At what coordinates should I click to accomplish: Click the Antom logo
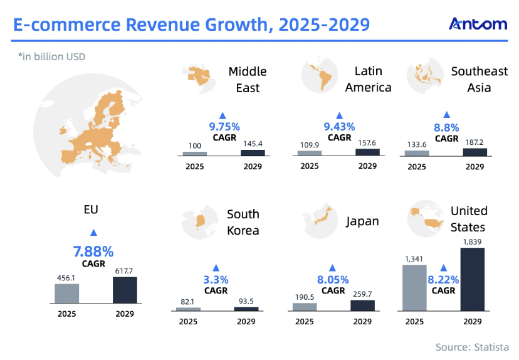[x=478, y=24]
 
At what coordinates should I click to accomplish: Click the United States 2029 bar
[x=473, y=279]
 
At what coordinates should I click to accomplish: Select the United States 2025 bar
[x=414, y=287]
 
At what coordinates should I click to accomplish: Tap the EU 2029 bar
[x=125, y=290]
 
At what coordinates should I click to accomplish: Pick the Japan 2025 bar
[x=304, y=306]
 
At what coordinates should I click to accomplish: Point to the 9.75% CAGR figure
[x=222, y=126]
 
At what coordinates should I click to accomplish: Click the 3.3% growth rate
[x=216, y=280]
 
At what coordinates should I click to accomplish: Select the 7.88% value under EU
[x=93, y=252]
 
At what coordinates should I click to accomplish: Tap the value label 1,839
[x=473, y=241]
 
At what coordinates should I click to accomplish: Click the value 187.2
[x=474, y=142]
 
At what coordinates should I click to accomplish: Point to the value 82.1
[x=188, y=302]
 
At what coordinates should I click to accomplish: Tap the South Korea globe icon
[x=200, y=221]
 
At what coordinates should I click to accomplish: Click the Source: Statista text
[x=473, y=347]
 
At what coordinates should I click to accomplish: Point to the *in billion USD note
[x=51, y=57]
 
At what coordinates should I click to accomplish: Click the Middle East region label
[x=248, y=80]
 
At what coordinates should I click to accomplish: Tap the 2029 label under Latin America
[x=367, y=166]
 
